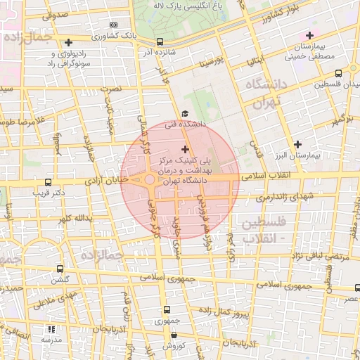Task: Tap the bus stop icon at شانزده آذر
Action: (x=161, y=41)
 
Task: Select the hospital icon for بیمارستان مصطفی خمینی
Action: (x=310, y=35)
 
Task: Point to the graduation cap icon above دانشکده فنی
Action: (x=185, y=113)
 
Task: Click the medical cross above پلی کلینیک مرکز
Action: (x=185, y=148)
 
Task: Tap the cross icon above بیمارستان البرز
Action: (x=298, y=144)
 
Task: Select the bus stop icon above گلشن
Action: (x=60, y=269)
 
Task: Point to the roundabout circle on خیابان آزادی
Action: (x=150, y=181)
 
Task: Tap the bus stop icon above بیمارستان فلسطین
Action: (x=339, y=72)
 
